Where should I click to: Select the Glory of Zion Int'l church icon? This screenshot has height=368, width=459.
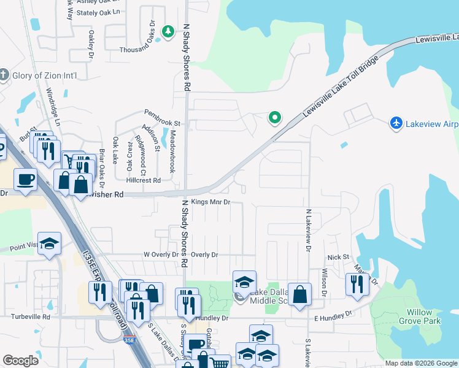pyautogui.click(x=4, y=75)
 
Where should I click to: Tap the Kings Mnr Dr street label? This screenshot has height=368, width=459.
pyautogui.click(x=210, y=202)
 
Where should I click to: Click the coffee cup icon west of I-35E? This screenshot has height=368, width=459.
pyautogui.click(x=25, y=179)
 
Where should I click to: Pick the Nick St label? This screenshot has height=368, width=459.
pyautogui.click(x=338, y=257)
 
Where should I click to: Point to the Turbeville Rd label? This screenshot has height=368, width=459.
pyautogui.click(x=30, y=316)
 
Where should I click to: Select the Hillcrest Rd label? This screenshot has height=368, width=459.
pyautogui.click(x=143, y=180)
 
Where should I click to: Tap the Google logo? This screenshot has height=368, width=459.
pyautogui.click(x=20, y=361)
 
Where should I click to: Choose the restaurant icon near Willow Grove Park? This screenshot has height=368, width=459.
pyautogui.click(x=354, y=283)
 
